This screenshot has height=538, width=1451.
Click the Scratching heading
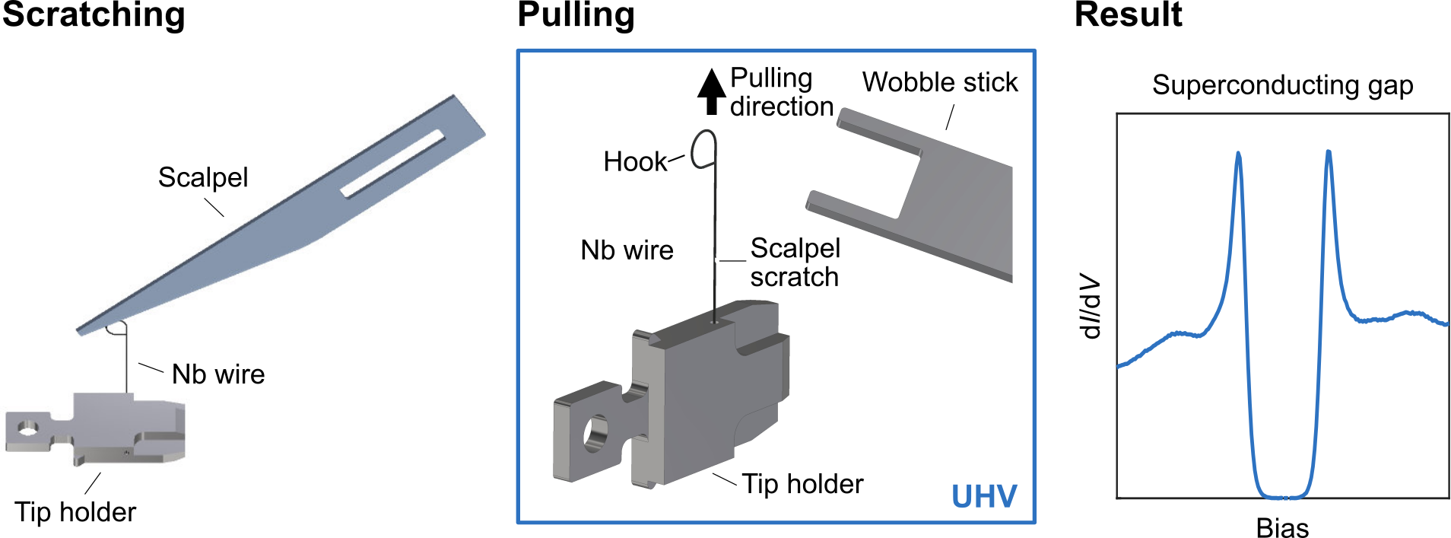94,15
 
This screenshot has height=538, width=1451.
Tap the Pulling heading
576,15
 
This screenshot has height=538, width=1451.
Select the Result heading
1128,15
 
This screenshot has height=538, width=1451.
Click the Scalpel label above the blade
203,177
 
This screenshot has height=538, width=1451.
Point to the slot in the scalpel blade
392,164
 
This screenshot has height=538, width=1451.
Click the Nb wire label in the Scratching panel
218,374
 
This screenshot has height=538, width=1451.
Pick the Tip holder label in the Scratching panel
75,512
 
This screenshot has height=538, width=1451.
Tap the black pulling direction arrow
712,91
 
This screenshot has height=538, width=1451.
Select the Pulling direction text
780,92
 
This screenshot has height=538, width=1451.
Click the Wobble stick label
940,82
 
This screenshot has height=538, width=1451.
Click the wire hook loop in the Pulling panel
705,148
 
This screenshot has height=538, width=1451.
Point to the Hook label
634,162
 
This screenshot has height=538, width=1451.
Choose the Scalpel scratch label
795,263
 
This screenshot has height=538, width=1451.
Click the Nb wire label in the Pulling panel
627,250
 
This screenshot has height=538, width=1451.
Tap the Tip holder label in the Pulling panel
802,484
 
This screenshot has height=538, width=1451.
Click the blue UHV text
984,497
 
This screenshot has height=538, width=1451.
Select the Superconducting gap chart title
1282,85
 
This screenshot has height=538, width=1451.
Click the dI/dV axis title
1091,306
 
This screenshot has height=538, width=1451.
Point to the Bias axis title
1282,527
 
